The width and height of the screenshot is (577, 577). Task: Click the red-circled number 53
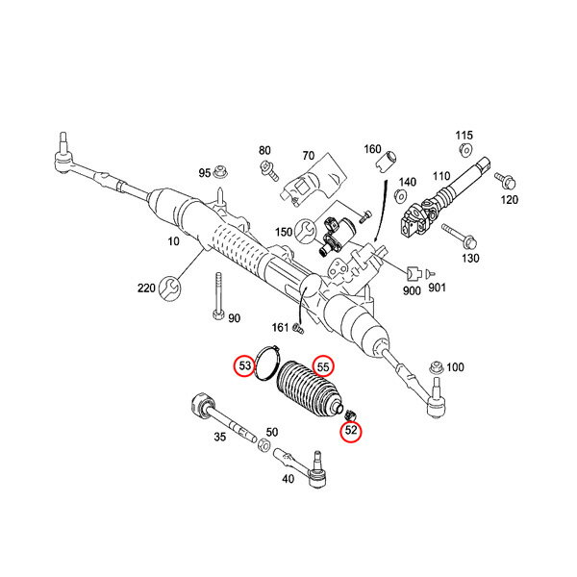point(245,366)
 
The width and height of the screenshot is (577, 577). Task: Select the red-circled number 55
point(323,366)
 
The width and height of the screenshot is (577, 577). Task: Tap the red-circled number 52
point(351,432)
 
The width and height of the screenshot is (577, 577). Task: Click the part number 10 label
point(174,241)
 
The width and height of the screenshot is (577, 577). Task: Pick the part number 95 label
point(205,173)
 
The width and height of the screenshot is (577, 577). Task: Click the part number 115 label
point(464,136)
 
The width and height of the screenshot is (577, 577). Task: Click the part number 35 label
point(219,439)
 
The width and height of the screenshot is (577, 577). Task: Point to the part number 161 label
point(279,328)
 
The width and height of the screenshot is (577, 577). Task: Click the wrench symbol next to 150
point(306,231)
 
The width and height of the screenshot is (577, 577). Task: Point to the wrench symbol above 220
point(171,286)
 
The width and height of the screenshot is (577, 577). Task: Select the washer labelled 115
point(465,151)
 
